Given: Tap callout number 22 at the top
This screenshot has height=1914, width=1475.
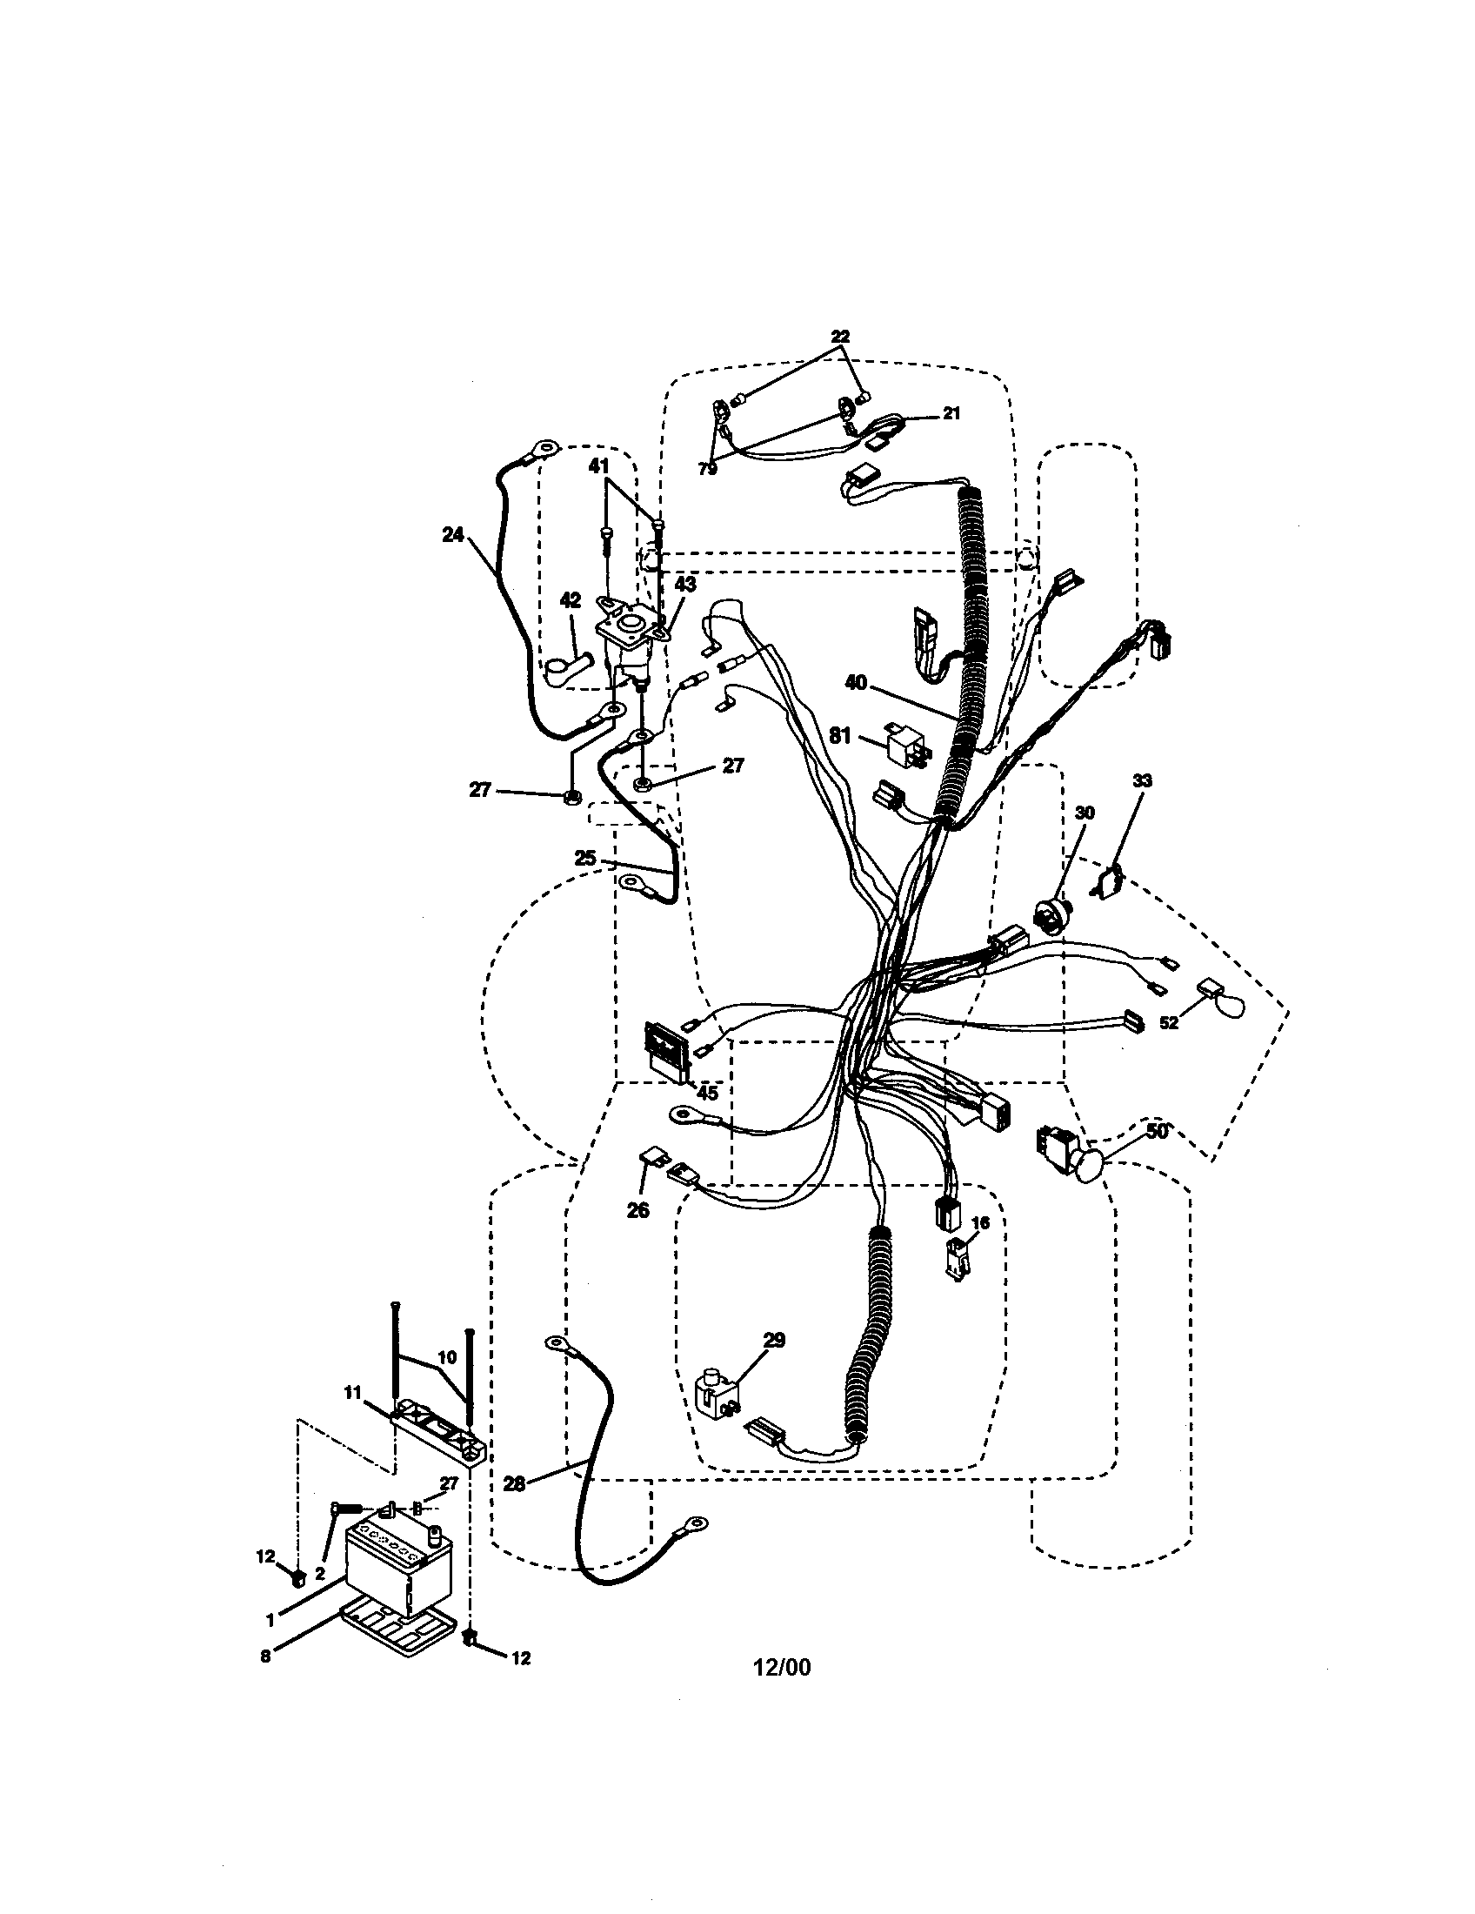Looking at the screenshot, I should point(840,337).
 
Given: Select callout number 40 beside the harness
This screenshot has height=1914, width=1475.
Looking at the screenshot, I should point(856,681).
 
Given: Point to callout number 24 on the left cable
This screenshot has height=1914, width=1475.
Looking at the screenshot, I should point(453,533).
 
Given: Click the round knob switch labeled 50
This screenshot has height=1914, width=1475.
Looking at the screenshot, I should point(1089,1167).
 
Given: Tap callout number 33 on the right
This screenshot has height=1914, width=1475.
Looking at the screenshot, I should point(1142,780).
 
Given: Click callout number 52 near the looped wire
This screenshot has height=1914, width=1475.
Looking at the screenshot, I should point(1170,1023).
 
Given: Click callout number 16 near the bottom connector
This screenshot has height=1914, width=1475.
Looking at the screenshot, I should point(980,1222).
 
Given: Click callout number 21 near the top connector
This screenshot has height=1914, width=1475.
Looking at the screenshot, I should point(951,413).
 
